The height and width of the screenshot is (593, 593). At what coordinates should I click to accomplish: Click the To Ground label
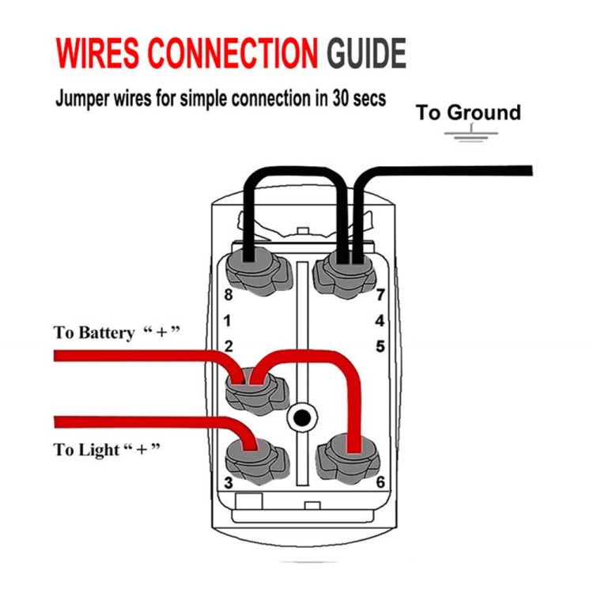click(468, 112)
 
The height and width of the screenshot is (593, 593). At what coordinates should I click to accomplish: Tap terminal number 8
click(228, 296)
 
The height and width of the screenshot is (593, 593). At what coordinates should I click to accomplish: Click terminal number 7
click(380, 296)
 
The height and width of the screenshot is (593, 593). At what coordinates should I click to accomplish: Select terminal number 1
click(228, 321)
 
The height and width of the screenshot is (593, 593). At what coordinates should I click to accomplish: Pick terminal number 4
click(380, 321)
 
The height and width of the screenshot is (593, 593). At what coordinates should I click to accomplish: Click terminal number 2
click(228, 346)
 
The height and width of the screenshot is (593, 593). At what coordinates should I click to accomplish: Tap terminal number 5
click(380, 346)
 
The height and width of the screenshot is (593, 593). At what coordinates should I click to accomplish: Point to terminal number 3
click(228, 482)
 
